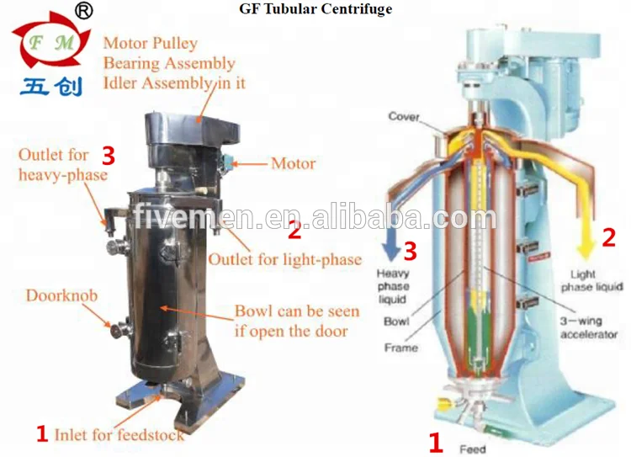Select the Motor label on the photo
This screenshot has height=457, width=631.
[x=294, y=163]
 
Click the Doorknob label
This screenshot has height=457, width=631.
[x=61, y=296]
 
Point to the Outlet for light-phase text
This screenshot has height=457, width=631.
[x=284, y=258]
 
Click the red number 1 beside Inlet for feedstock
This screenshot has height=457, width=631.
[x=41, y=434]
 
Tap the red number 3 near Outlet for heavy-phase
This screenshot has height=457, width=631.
[x=108, y=155]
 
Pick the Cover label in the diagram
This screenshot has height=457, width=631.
[x=404, y=116]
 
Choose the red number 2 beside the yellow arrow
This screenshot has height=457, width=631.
[x=608, y=236]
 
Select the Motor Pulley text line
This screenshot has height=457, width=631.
[x=151, y=44]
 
